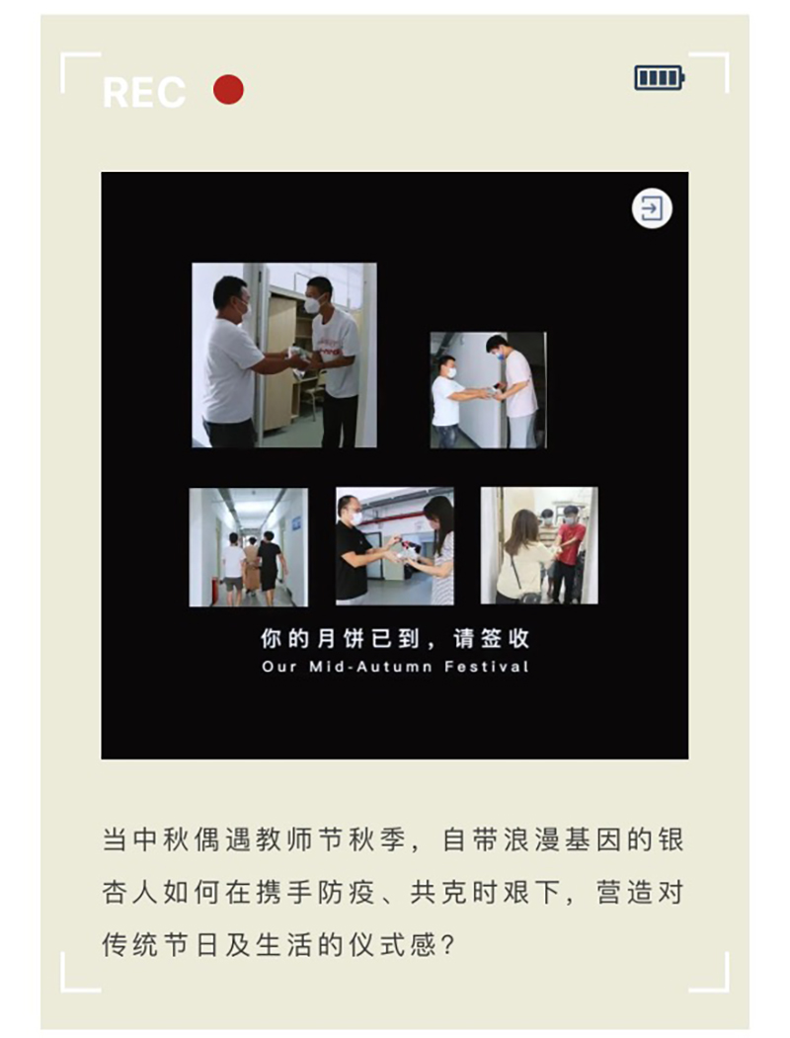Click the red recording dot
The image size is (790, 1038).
coord(228,89)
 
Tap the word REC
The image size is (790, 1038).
coord(144,92)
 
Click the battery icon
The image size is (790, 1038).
coord(660,78)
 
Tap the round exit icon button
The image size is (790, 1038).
coord(652,209)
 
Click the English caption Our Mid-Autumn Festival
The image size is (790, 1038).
coord(395,666)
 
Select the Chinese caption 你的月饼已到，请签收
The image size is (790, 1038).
coord(395,638)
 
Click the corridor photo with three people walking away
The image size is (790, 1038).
coord(249,547)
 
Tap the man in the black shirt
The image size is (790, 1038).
coord(357,549)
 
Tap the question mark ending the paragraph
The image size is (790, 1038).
coord(448,945)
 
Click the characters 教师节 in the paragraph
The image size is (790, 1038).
coord(301,840)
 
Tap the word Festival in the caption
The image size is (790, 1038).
coord(486,666)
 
